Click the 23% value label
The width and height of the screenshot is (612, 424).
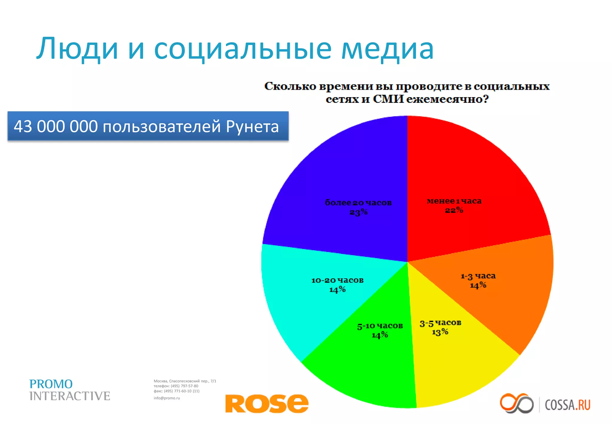coord(358,212)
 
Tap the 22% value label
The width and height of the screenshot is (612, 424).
coord(454,210)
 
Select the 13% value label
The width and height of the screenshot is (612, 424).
coord(440,332)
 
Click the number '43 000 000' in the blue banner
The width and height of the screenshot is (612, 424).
coord(56,126)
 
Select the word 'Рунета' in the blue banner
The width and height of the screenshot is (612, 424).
coord(252,126)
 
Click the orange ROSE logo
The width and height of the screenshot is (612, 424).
coord(267,403)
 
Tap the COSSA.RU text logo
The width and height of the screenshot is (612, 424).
coord(567,405)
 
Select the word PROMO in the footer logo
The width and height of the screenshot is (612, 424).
coord(51,384)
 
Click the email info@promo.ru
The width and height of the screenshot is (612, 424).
coord(167,398)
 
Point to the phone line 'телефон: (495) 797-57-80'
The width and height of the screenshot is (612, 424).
coord(176,386)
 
